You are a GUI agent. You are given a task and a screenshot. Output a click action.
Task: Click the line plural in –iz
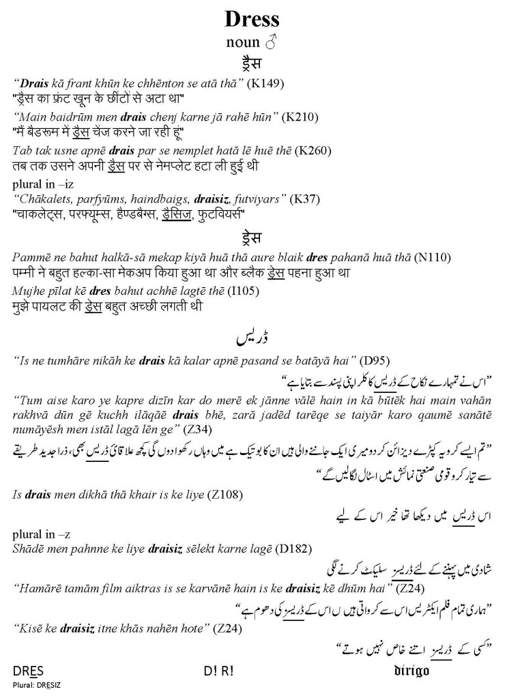point(44,186)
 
